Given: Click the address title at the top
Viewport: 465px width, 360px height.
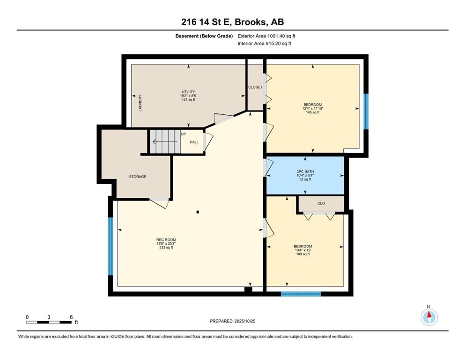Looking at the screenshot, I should [x=233, y=22].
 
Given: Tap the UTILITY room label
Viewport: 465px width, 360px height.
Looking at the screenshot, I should [x=188, y=92].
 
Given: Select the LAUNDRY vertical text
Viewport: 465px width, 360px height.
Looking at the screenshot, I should [x=140, y=103].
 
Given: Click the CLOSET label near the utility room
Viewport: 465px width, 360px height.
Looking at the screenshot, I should [x=255, y=87].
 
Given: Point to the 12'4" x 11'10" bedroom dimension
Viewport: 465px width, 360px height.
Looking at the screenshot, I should [x=312, y=108].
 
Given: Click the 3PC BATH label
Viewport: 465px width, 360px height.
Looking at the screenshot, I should [x=305, y=171].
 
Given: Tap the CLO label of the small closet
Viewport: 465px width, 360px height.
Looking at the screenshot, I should [x=321, y=203].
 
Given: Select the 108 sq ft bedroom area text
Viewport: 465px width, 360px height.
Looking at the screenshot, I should [x=303, y=254].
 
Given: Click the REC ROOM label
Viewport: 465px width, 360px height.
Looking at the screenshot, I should [x=166, y=240].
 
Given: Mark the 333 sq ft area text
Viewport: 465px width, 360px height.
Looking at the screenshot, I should [x=166, y=247].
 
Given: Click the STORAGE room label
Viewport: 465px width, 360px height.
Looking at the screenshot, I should [x=138, y=177].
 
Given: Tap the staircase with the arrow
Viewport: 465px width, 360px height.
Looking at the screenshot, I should [x=164, y=141].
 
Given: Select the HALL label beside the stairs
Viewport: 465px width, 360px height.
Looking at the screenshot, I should [x=194, y=142].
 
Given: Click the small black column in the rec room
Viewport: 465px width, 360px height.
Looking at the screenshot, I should [x=198, y=212].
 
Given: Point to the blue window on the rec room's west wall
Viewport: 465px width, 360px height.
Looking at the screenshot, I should [x=111, y=246].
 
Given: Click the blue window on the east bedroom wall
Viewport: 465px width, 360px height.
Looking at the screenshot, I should [x=366, y=111].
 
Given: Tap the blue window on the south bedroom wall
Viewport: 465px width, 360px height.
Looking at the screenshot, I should [x=301, y=294].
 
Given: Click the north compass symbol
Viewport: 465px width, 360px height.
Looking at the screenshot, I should [x=428, y=317].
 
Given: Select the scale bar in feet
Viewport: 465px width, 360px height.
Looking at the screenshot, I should [x=49, y=322].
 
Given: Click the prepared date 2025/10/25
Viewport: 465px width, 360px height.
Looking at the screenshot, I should [x=232, y=321].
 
